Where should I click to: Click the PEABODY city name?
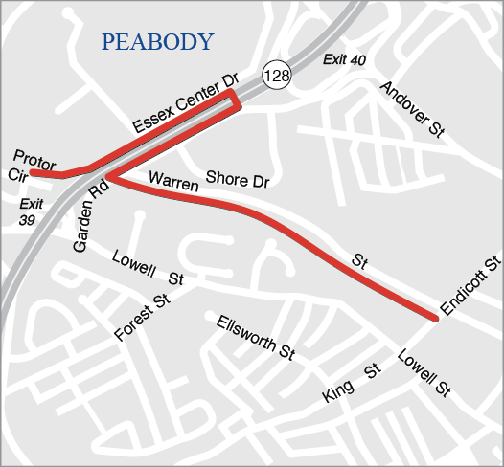(x=157, y=41)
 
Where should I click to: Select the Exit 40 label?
(x=344, y=60)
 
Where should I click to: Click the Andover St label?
(x=412, y=112)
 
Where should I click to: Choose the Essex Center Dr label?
(x=186, y=111)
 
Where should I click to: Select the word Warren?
(x=172, y=180)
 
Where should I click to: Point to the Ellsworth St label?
(x=255, y=337)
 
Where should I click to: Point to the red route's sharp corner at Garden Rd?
(x=108, y=178)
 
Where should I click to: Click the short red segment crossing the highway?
(x=236, y=100)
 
